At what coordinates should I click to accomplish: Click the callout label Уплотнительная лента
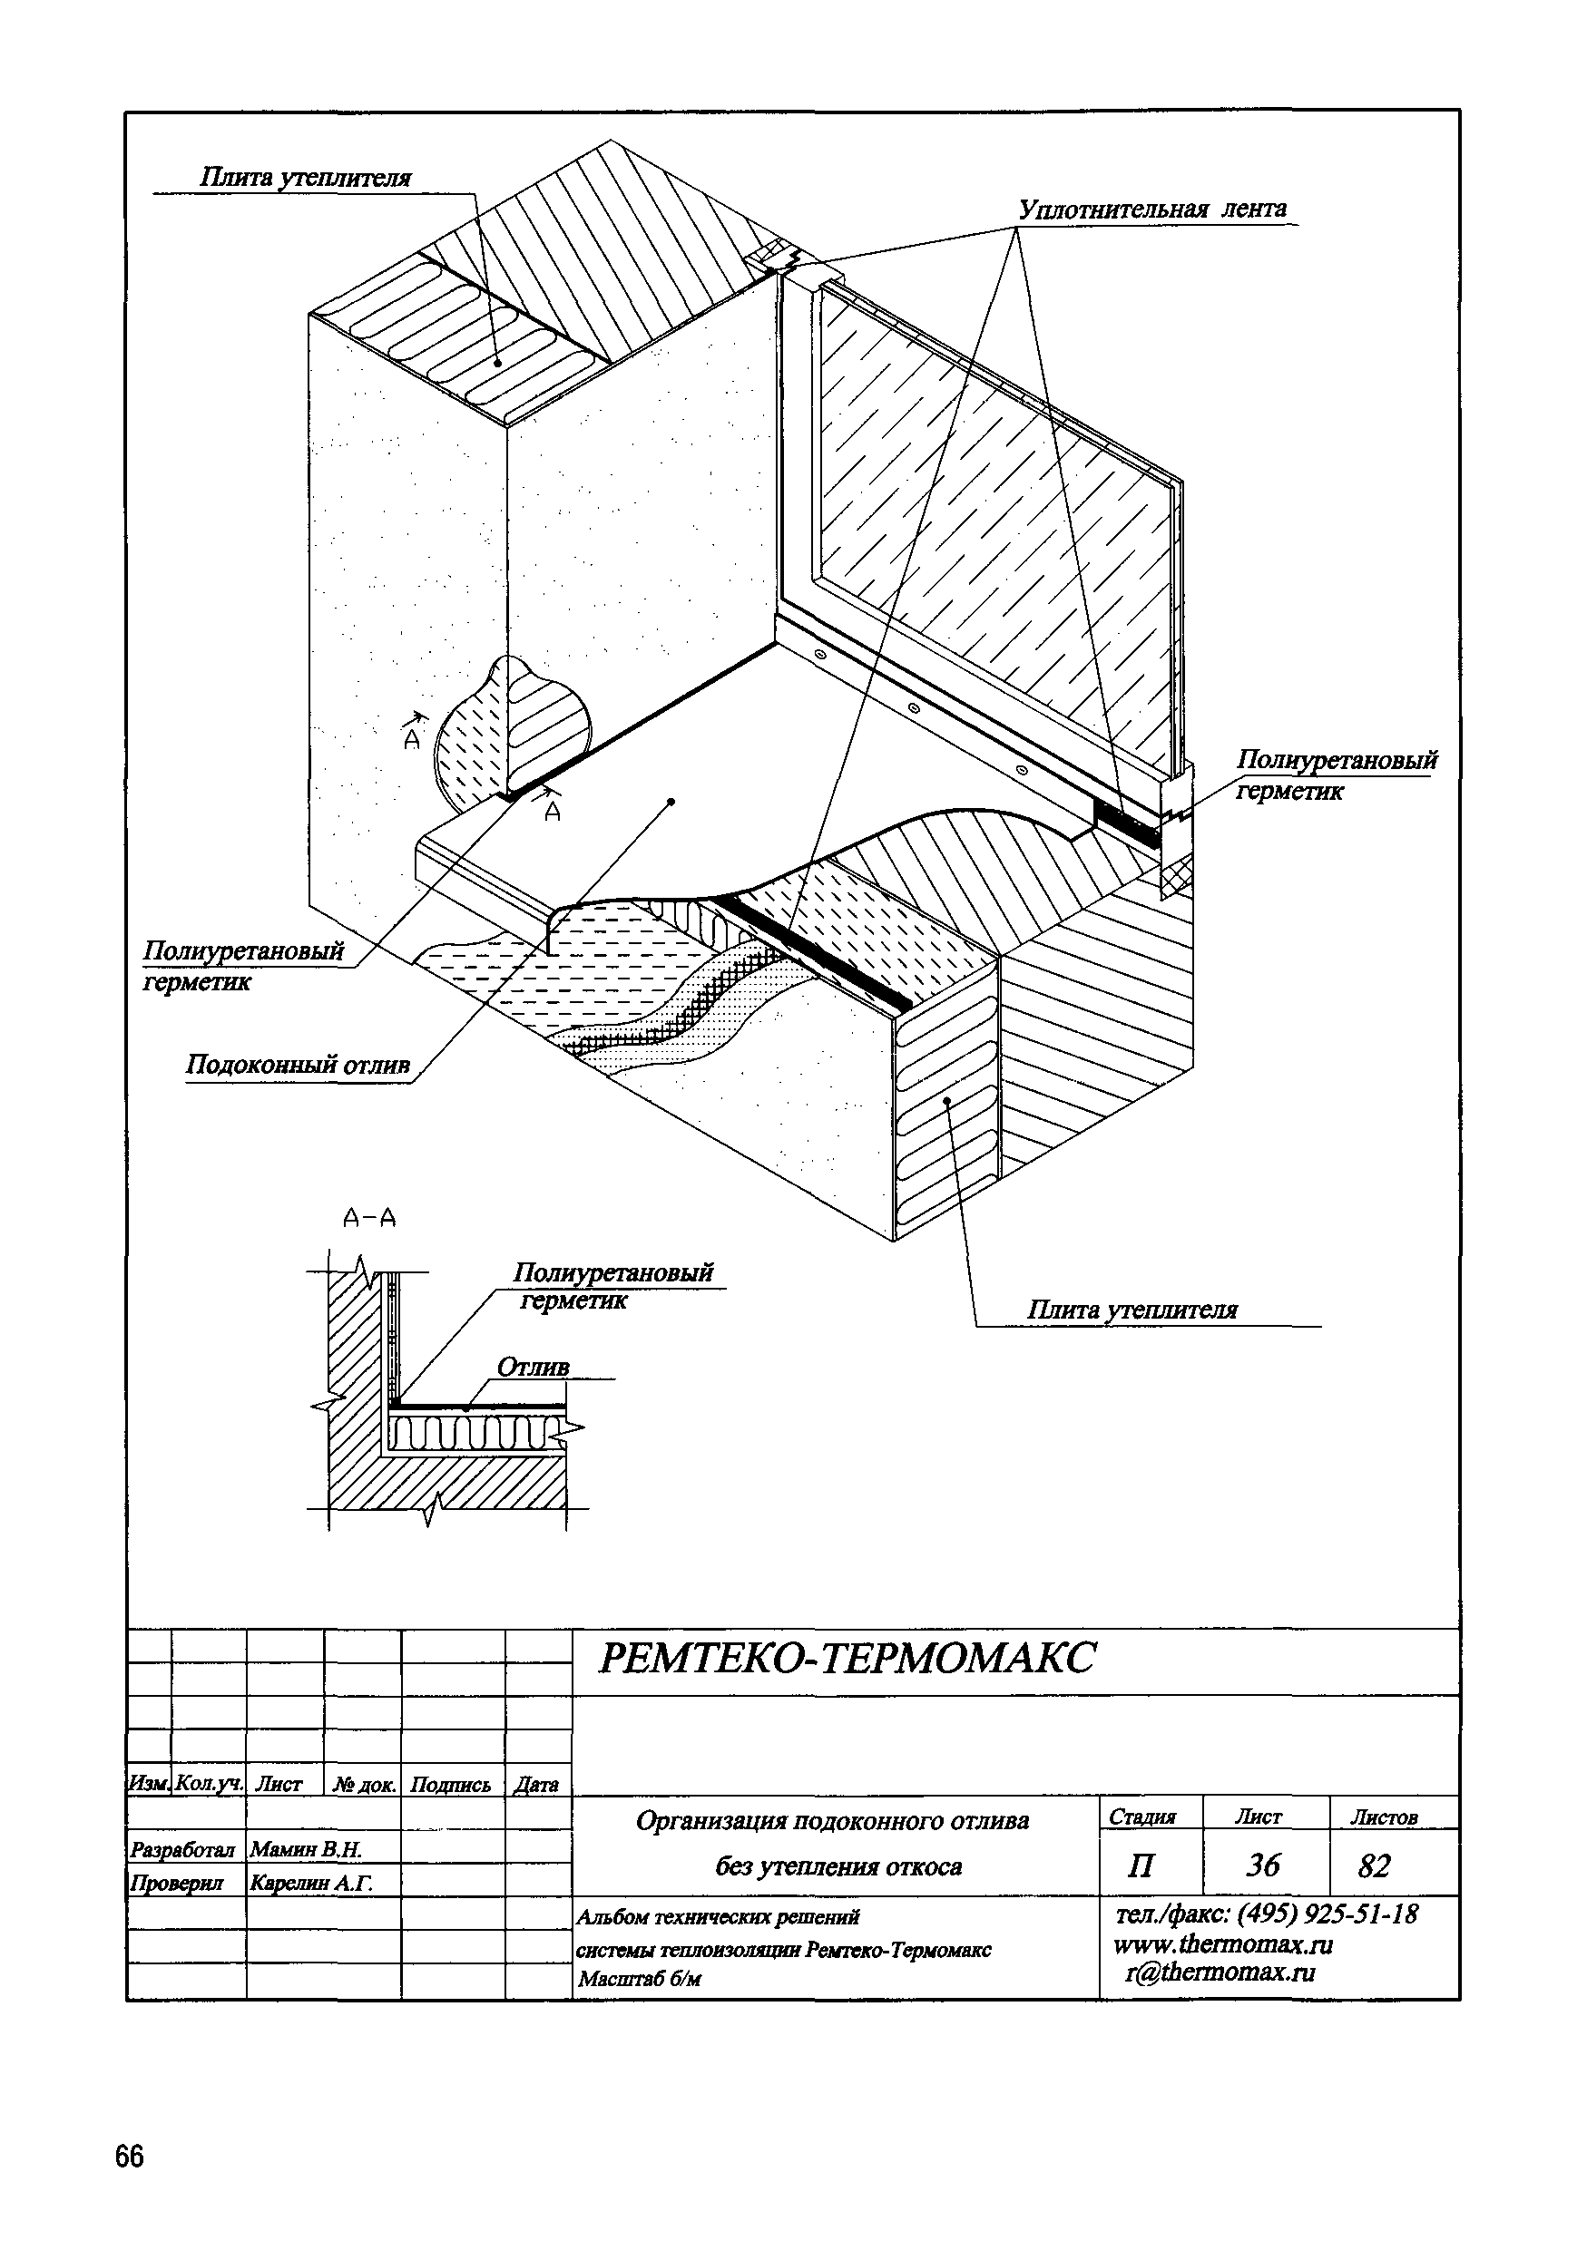click(x=1151, y=209)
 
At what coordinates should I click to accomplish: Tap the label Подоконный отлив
click(x=297, y=1066)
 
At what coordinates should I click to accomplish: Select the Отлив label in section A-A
click(x=533, y=1367)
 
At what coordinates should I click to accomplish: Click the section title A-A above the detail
click(x=369, y=1218)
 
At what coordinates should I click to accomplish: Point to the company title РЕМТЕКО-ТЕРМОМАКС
click(x=845, y=1659)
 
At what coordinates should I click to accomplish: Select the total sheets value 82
click(x=1375, y=1865)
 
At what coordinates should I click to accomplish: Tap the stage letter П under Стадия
click(x=1141, y=1865)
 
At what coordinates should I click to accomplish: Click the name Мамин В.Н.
click(x=306, y=1849)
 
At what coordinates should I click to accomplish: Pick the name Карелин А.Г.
click(x=312, y=1883)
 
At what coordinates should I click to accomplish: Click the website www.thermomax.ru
click(x=1222, y=1944)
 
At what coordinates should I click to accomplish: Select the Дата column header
click(x=537, y=1786)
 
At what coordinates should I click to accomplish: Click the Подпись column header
click(x=450, y=1785)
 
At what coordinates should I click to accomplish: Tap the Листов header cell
click(x=1384, y=1817)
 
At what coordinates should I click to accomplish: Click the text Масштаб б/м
click(x=640, y=1980)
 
